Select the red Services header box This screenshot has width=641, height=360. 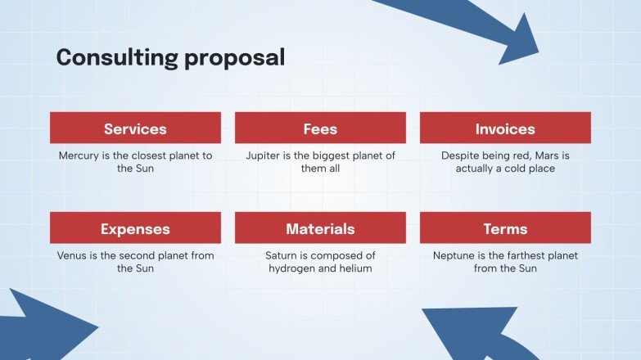(x=135, y=128)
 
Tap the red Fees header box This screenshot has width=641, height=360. (x=320, y=128)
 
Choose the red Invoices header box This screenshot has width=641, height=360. (x=505, y=128)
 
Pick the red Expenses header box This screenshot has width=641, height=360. (x=135, y=228)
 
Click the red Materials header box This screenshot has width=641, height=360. (x=320, y=228)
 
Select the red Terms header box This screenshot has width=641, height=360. (x=505, y=228)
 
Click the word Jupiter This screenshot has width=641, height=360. (x=264, y=155)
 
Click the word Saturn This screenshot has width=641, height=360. (x=282, y=255)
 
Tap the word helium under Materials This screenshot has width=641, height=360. (x=354, y=268)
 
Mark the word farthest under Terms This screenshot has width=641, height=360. (x=536, y=255)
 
